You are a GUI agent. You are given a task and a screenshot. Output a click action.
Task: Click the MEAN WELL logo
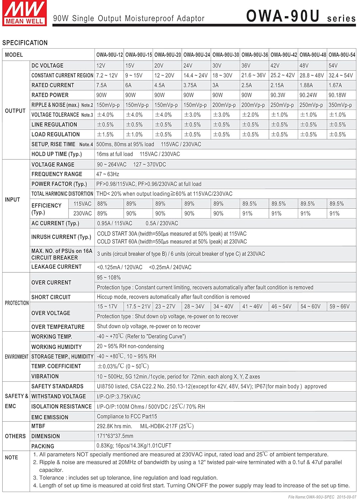(24, 13)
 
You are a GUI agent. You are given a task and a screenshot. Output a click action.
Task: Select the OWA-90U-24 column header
(197, 55)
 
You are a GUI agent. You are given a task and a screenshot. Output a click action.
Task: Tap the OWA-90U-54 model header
(342, 55)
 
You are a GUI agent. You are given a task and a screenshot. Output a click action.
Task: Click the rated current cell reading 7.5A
(101, 85)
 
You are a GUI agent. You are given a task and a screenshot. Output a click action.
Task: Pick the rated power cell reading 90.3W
(277, 95)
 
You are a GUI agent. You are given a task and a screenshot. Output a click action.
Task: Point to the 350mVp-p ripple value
(340, 105)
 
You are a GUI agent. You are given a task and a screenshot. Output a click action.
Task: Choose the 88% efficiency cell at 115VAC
(102, 204)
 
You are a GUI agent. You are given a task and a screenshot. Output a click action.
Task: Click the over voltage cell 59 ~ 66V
(339, 306)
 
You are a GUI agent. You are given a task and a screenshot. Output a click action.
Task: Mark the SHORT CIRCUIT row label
(51, 297)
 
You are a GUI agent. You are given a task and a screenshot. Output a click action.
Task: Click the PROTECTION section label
(17, 303)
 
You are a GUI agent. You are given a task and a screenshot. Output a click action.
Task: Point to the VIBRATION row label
(45, 376)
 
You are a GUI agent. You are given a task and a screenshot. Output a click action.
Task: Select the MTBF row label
(38, 426)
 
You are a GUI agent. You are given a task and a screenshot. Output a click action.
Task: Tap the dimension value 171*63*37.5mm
(115, 436)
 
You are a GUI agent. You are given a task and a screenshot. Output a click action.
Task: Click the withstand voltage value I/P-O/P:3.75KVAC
(118, 397)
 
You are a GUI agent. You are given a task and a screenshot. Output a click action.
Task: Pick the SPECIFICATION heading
(25, 43)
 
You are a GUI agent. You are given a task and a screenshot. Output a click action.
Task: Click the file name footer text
(322, 497)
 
